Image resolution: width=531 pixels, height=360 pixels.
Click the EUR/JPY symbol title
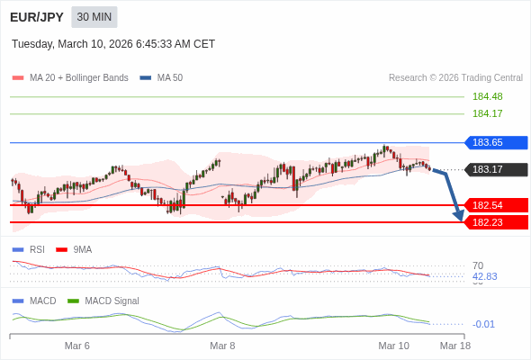pyautogui.click(x=37, y=17)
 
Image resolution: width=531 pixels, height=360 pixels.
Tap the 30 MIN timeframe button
pyautogui.click(x=94, y=17)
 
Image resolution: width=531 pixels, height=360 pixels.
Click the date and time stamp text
pyautogui.click(x=113, y=44)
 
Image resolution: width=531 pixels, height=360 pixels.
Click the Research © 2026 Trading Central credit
pyautogui.click(x=455, y=77)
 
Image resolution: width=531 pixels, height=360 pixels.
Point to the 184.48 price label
pyautogui.click(x=487, y=96)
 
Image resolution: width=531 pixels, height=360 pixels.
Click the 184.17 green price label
pyautogui.click(x=487, y=113)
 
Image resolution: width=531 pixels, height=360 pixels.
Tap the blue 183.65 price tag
pyautogui.click(x=496, y=142)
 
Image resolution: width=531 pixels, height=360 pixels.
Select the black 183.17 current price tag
pyautogui.click(x=496, y=169)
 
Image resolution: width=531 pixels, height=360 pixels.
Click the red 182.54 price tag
pyautogui.click(x=496, y=205)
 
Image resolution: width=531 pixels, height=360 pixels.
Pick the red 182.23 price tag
pyautogui.click(x=496, y=222)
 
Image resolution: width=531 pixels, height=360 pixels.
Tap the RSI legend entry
pyautogui.click(x=36, y=249)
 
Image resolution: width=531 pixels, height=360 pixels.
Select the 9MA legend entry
pyautogui.click(x=82, y=249)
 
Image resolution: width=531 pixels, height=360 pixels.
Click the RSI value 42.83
pyautogui.click(x=484, y=276)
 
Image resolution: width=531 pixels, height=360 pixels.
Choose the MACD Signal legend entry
pyautogui.click(x=112, y=301)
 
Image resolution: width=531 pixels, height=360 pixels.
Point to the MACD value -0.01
pyautogui.click(x=483, y=324)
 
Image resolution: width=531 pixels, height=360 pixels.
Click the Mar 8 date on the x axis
pyautogui.click(x=222, y=346)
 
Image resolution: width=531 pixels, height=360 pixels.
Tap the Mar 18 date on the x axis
pyautogui.click(x=454, y=346)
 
